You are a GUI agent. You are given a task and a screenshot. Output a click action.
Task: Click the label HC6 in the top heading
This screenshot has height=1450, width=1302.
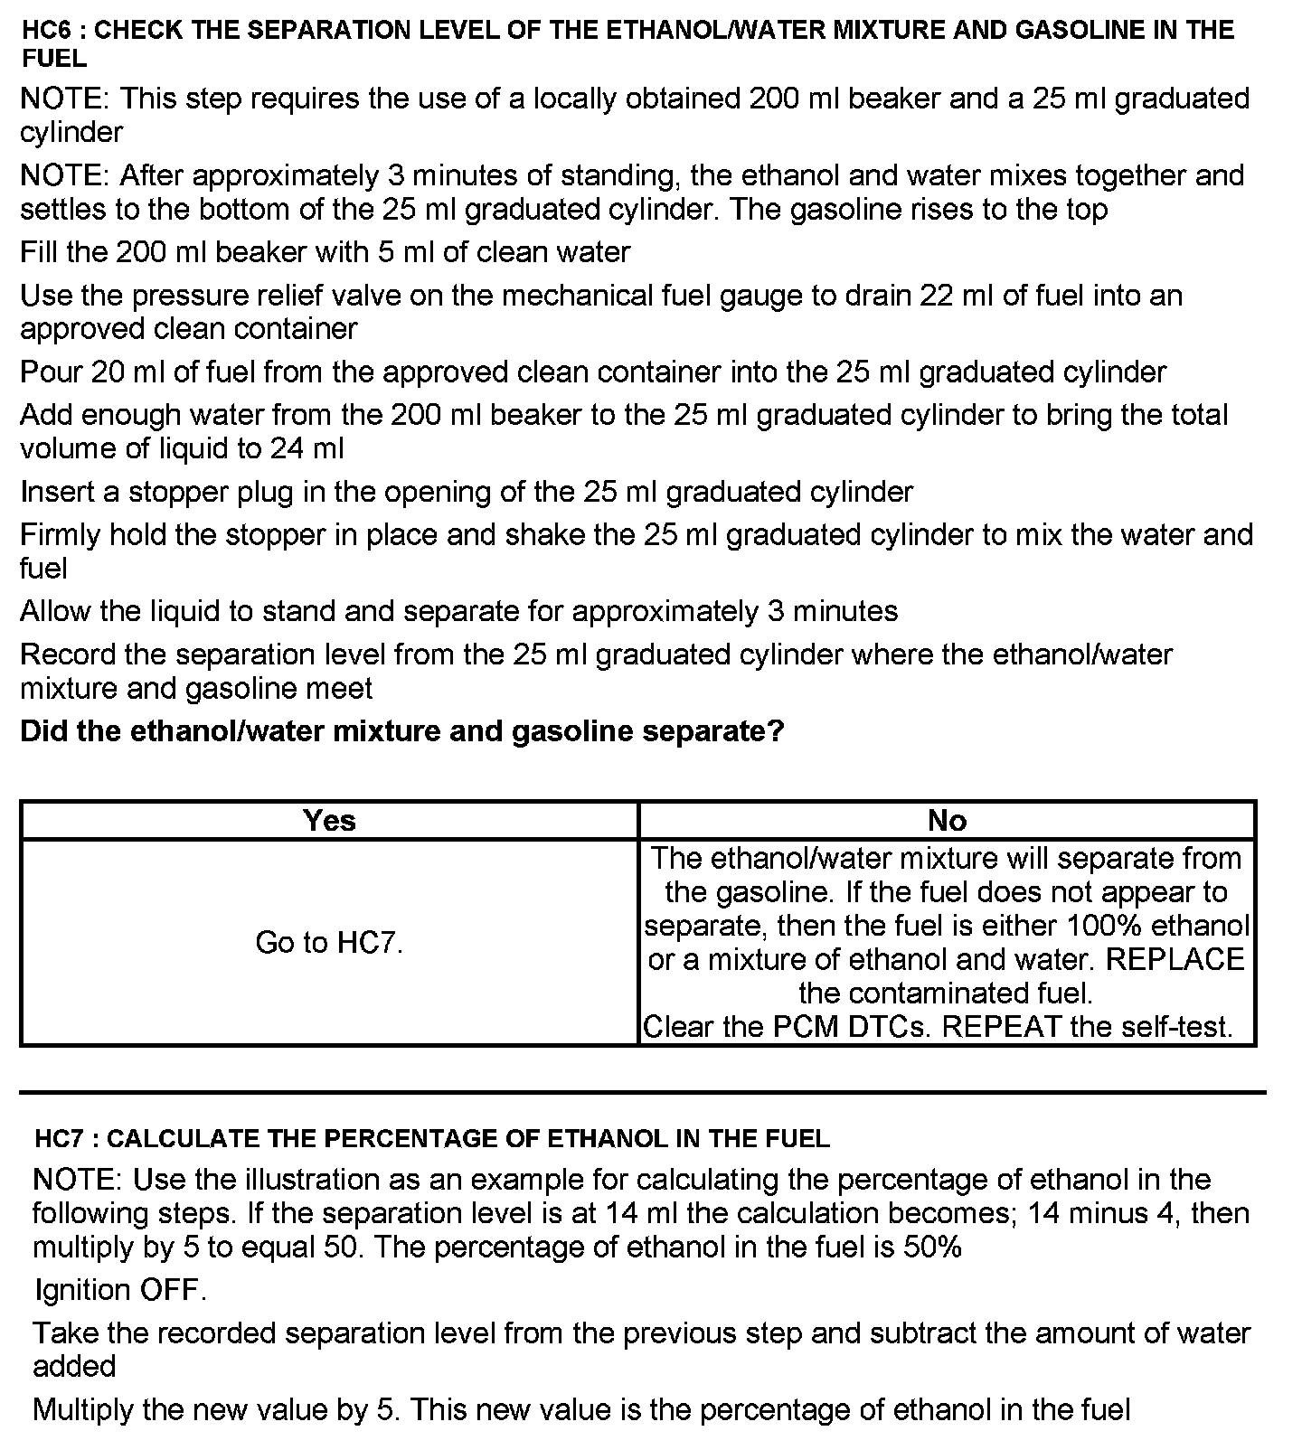pyautogui.click(x=49, y=30)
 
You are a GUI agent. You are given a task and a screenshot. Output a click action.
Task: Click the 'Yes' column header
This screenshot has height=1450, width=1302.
pyautogui.click(x=329, y=820)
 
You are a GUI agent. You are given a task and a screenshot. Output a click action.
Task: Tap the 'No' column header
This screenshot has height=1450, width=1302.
pyautogui.click(x=947, y=820)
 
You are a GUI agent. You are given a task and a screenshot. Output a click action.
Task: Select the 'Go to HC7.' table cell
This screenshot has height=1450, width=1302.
pyautogui.click(x=329, y=943)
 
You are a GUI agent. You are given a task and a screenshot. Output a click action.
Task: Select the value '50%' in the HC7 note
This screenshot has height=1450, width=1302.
pyautogui.click(x=932, y=1248)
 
